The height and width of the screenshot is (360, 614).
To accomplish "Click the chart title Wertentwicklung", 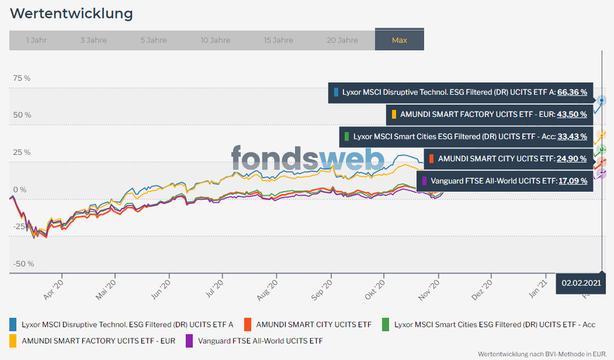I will pyautogui.click(x=71, y=13).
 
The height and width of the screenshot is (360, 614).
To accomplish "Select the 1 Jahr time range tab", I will pyautogui.click(x=36, y=40).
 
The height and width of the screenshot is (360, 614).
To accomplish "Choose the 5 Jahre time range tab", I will pyautogui.click(x=154, y=40).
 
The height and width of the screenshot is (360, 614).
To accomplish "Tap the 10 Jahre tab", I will pyautogui.click(x=215, y=40).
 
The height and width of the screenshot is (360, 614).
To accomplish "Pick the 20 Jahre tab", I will pyautogui.click(x=342, y=40).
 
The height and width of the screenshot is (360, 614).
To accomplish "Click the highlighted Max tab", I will pyautogui.click(x=399, y=40).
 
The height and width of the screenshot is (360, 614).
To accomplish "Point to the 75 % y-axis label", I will pyautogui.click(x=22, y=78).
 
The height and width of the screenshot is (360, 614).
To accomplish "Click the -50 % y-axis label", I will pyautogui.click(x=23, y=264).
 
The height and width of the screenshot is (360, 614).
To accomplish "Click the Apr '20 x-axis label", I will pyautogui.click(x=53, y=289).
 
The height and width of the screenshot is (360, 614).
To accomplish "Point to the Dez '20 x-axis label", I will pyautogui.click(x=481, y=289).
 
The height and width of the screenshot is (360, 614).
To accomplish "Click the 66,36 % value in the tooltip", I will pyautogui.click(x=572, y=92).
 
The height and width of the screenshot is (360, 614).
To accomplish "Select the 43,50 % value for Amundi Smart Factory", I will pyautogui.click(x=572, y=114).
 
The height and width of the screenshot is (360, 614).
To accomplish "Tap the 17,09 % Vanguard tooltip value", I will pyautogui.click(x=572, y=181).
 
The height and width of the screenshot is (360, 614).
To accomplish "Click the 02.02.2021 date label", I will pyautogui.click(x=580, y=283).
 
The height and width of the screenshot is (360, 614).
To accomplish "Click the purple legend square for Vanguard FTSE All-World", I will pyautogui.click(x=189, y=340).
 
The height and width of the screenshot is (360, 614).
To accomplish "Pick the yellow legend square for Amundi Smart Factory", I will pyautogui.click(x=13, y=340).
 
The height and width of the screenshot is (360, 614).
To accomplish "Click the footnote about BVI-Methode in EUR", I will pyautogui.click(x=542, y=354).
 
